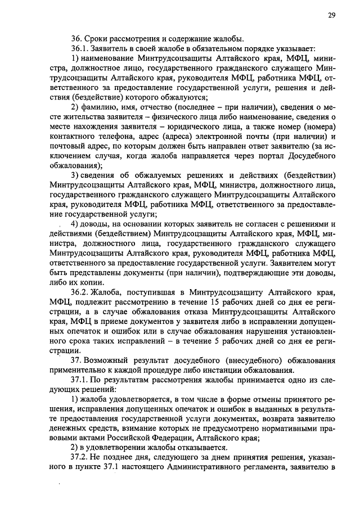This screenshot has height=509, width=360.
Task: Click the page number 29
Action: click(x=332, y=16)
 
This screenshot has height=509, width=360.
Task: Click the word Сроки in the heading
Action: click(x=96, y=39)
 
